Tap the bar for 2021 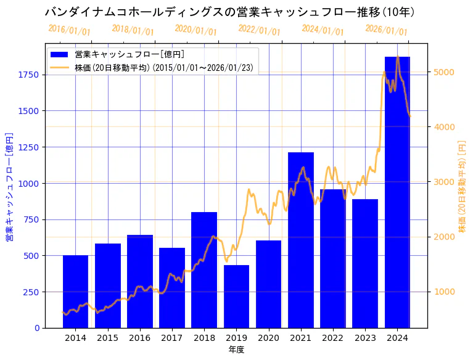click(301, 240)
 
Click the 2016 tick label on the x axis click(140, 338)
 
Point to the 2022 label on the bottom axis click(333, 338)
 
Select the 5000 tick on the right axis click(445, 72)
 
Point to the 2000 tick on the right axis click(445, 237)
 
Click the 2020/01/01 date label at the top click(195, 30)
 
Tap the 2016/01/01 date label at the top click(69, 30)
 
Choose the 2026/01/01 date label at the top click(386, 30)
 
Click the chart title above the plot click(229, 12)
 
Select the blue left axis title click(9, 186)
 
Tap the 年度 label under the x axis click(236, 350)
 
